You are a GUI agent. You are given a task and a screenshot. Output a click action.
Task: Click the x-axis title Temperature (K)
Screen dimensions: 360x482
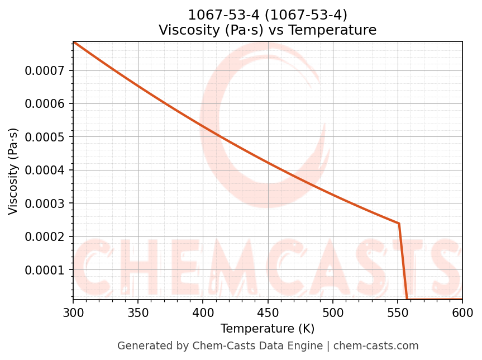[x=268, y=329]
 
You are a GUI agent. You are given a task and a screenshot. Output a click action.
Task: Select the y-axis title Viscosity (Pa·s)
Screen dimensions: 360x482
[x=13, y=171]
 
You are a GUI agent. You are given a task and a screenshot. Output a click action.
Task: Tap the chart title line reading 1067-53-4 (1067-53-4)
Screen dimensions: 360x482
[x=268, y=15]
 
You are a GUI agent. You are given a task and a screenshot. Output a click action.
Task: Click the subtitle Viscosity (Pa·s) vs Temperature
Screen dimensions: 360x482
[x=268, y=30]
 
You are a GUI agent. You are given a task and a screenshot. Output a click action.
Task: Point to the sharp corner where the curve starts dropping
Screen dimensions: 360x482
[x=399, y=223]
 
